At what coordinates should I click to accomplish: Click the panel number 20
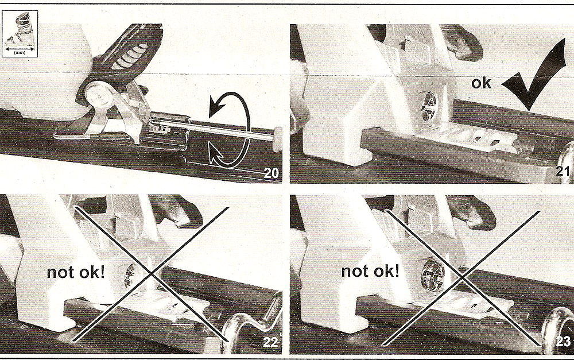[x=272, y=173]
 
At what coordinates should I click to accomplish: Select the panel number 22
[x=270, y=342]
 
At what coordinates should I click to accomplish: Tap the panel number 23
[x=563, y=342]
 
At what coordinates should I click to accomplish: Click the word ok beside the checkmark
[x=481, y=83]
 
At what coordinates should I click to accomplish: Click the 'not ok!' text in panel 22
[x=76, y=273]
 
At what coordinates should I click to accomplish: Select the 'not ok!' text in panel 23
[x=370, y=272]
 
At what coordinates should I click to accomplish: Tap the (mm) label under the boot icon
[x=20, y=53]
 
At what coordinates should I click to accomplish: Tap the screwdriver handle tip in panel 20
[x=277, y=138]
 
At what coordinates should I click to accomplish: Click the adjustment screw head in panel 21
[x=429, y=106]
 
